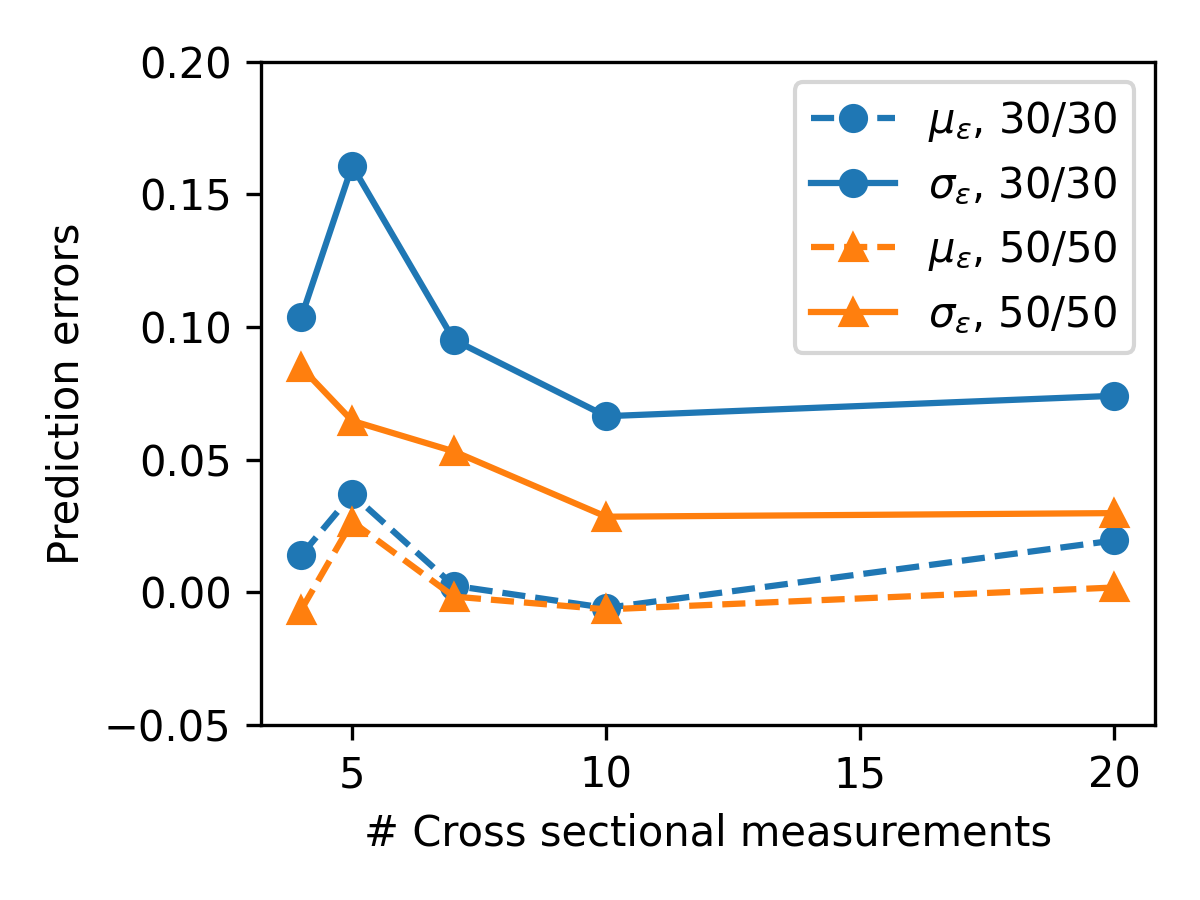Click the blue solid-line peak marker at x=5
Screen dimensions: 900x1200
pyautogui.click(x=352, y=166)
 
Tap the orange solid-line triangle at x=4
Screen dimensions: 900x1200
pyautogui.click(x=301, y=368)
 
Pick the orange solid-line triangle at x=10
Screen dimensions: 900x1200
pyautogui.click(x=606, y=517)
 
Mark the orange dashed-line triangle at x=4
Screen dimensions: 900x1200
pyautogui.click(x=301, y=611)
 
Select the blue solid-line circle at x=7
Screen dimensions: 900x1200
pyautogui.click(x=454, y=340)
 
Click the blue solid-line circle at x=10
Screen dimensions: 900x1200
pyautogui.click(x=606, y=416)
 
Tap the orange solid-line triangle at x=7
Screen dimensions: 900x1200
pyautogui.click(x=454, y=451)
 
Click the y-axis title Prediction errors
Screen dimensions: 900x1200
pyautogui.click(x=65, y=394)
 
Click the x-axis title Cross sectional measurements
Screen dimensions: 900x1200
pyautogui.click(x=708, y=831)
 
